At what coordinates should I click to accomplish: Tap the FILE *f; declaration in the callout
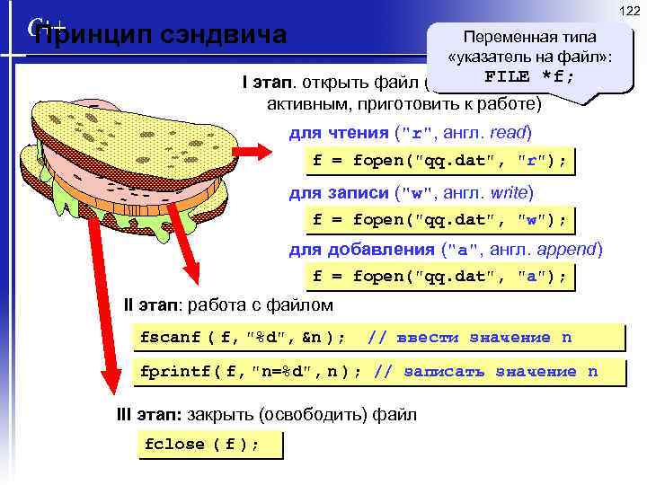(529, 76)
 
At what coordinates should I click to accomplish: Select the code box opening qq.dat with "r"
(439, 162)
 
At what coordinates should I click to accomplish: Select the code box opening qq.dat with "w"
(439, 220)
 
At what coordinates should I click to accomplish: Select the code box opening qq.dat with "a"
(439, 277)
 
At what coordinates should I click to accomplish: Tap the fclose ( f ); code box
(202, 445)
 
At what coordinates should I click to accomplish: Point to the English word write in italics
(511, 192)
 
